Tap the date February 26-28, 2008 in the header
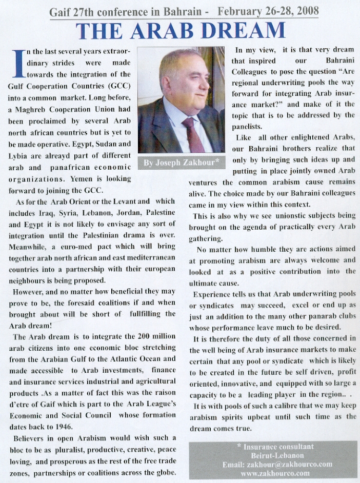pyautogui.click(x=268, y=11)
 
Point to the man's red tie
pyautogui.click(x=193, y=134)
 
